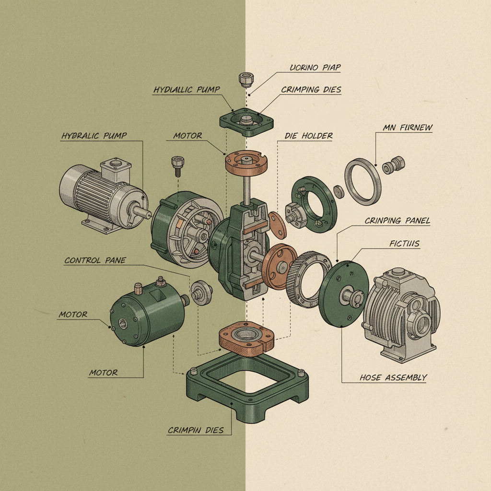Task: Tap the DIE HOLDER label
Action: (x=308, y=136)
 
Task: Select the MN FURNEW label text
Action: (x=408, y=128)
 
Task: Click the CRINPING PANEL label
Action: (x=397, y=221)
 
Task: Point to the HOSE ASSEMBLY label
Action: (x=393, y=378)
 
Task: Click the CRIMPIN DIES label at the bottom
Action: (x=196, y=430)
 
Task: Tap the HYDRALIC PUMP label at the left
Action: (x=94, y=136)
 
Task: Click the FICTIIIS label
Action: (x=405, y=244)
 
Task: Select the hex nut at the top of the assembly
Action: (x=246, y=79)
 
